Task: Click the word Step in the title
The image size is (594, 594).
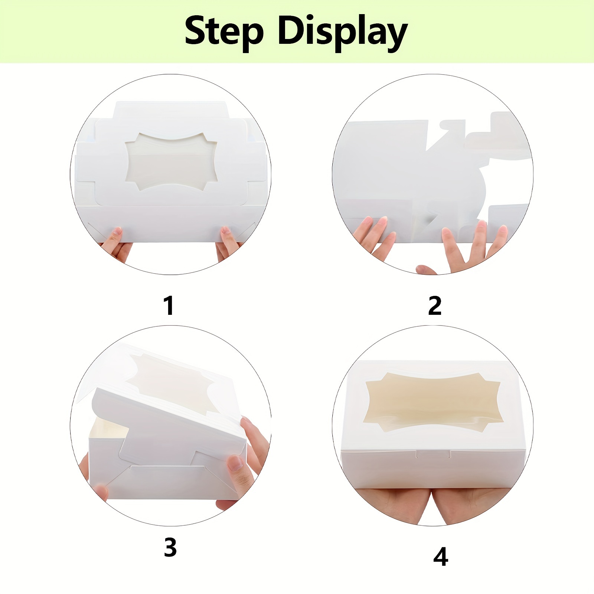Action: tap(224, 31)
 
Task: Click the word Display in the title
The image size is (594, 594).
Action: tap(342, 33)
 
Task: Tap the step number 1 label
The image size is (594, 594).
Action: tap(169, 306)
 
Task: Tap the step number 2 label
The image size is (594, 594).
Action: tap(435, 306)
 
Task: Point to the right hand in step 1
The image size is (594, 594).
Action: tap(227, 242)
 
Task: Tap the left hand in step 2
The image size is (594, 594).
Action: tap(373, 234)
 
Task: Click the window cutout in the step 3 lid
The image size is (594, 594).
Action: tap(171, 379)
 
